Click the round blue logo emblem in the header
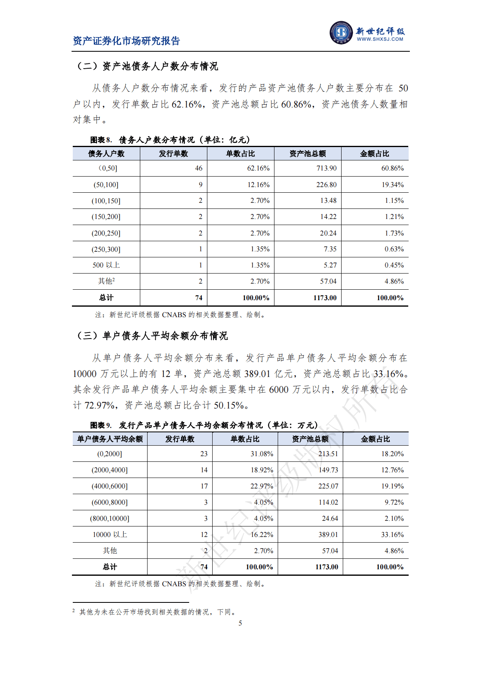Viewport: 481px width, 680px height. coord(341,32)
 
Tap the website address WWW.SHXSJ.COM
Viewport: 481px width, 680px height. coord(380,39)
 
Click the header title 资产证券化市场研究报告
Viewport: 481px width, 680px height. coord(126,41)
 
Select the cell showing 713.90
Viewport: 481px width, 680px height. coord(326,168)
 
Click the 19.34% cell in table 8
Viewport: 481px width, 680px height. coord(392,185)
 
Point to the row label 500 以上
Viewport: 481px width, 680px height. coord(106,265)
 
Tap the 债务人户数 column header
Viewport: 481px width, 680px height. coord(106,154)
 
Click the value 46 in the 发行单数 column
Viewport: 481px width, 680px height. coord(198,168)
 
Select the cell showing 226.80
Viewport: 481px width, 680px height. coord(326,185)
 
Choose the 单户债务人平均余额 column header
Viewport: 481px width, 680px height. coord(110,439)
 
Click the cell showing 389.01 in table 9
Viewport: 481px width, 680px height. coord(328,535)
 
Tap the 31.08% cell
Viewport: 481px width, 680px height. coord(262,454)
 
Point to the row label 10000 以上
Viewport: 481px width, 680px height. coord(110,535)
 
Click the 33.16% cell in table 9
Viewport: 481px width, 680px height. coord(392,535)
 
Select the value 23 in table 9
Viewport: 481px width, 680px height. coord(204,454)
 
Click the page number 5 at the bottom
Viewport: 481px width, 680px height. coord(240,623)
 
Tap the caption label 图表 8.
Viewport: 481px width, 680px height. coord(101,140)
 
